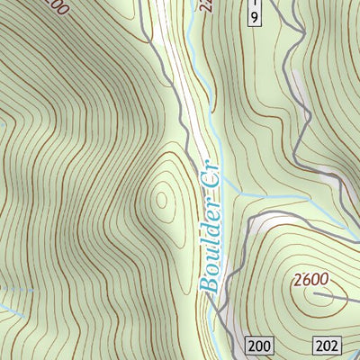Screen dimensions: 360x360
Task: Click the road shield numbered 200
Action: [x=259, y=346]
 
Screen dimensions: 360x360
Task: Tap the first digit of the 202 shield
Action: [x=321, y=346]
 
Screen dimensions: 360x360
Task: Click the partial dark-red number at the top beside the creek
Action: [x=207, y=7]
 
